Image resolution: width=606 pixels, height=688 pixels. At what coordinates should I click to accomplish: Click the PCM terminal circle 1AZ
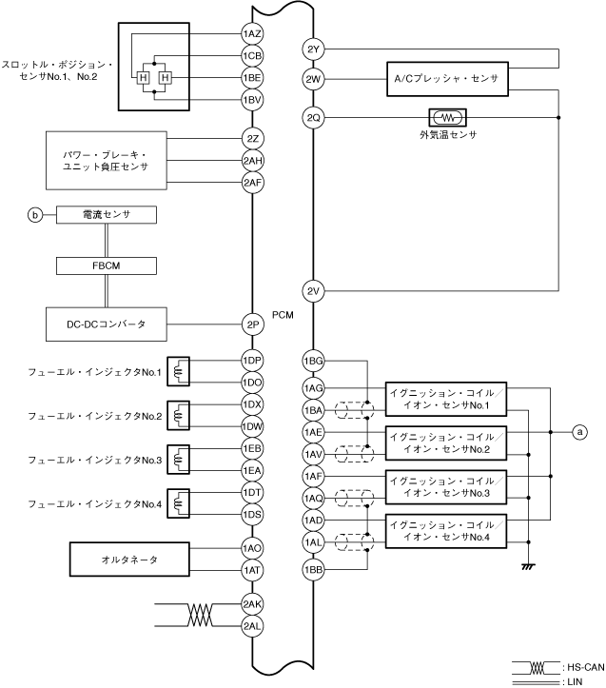coord(252,34)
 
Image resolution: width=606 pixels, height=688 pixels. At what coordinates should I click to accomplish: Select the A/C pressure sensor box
coord(447,76)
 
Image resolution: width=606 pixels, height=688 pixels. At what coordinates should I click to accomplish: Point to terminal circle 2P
coord(252,324)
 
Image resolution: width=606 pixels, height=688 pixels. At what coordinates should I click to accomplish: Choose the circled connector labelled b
coord(36,216)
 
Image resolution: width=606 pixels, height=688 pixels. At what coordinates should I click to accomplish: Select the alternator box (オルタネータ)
coord(119,560)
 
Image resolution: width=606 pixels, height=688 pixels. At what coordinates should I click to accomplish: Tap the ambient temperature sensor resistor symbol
coord(447,118)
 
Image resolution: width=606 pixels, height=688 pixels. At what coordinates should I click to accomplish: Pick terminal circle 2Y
coord(313,49)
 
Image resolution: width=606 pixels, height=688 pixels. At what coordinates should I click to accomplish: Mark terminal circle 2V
coord(313,290)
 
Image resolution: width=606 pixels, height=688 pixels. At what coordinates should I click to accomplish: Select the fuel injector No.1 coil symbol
coord(178,372)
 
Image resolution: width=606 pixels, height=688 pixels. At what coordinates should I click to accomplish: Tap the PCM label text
coord(283,313)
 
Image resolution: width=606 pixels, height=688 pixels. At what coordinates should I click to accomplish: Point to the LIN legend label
coord(577,680)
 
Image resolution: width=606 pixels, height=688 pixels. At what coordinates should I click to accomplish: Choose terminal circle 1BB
coord(313,569)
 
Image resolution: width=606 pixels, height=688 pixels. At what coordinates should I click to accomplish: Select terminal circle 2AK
coord(252,604)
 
